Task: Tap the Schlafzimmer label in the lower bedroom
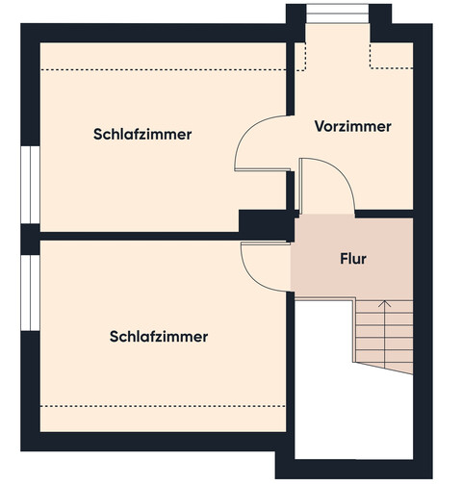[x=159, y=337]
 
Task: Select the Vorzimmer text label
[x=352, y=126]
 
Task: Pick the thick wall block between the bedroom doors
[x=266, y=224]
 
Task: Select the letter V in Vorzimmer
[x=320, y=126]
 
